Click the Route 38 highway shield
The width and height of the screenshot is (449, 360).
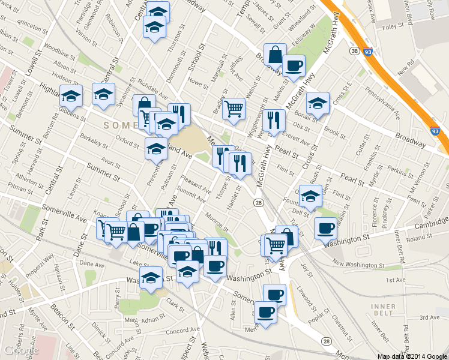point(355,52)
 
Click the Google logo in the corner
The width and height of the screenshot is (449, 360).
point(21,350)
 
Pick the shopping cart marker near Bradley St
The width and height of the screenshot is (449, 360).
point(234,108)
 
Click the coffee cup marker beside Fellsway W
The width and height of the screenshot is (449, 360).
point(294,65)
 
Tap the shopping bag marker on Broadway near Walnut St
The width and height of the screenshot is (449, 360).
point(274,55)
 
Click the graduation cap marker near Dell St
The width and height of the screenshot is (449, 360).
point(310,196)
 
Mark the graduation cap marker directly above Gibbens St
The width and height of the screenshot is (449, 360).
point(71,95)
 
